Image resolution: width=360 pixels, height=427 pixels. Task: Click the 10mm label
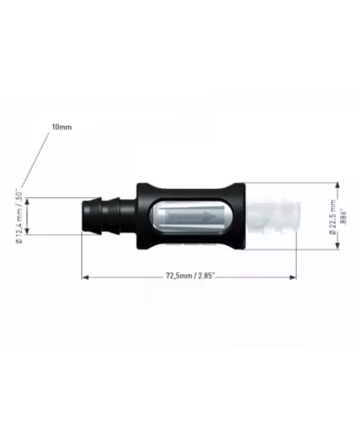point(62,128)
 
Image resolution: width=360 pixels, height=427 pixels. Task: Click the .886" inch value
point(344,217)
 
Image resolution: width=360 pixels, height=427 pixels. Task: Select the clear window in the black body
point(190,217)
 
